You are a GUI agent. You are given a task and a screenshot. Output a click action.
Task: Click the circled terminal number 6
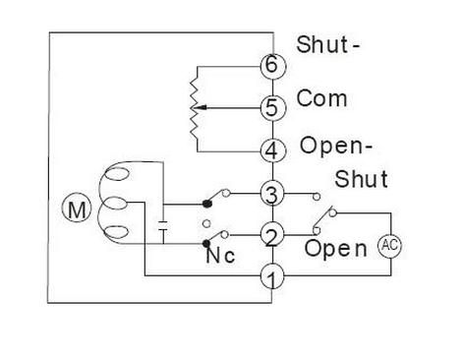click(272, 65)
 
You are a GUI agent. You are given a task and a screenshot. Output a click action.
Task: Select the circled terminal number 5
click(272, 108)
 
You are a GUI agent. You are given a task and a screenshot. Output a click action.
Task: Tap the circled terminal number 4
click(272, 151)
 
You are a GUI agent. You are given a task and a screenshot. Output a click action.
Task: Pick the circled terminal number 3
click(272, 193)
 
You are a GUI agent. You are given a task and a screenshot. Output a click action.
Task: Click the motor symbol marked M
click(76, 208)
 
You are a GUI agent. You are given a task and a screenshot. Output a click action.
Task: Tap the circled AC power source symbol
click(390, 246)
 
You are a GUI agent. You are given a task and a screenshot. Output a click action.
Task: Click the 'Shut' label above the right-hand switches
click(363, 179)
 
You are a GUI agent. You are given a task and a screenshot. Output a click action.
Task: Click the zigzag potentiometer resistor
click(197, 108)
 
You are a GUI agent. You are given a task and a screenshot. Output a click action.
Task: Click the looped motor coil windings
click(117, 204)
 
